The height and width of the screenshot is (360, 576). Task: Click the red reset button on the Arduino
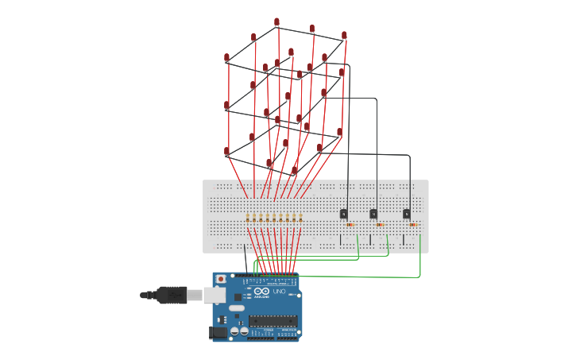(x=221, y=280)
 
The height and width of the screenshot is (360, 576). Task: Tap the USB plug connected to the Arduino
(x=172, y=295)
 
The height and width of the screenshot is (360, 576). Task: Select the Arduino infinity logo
(x=260, y=293)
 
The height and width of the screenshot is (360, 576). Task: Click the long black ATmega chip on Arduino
(x=273, y=321)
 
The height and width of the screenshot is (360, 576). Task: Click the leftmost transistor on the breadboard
(x=343, y=214)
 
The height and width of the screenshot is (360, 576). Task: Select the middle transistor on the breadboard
(x=373, y=214)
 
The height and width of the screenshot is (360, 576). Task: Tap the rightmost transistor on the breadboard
(x=406, y=214)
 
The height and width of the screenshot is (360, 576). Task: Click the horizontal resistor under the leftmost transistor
(x=350, y=225)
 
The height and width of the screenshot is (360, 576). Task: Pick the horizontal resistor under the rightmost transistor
(x=412, y=225)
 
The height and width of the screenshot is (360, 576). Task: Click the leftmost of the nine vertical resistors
(x=248, y=218)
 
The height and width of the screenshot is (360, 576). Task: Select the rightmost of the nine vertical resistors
(x=300, y=218)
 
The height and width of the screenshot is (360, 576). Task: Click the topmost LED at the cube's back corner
(x=276, y=22)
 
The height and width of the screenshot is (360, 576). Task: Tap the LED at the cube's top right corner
(x=344, y=36)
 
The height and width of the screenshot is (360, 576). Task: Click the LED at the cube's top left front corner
(x=226, y=58)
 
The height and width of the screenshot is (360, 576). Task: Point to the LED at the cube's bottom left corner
(x=226, y=151)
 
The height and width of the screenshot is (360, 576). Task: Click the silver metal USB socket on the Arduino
(x=213, y=296)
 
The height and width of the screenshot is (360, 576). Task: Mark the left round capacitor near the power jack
(x=235, y=331)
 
